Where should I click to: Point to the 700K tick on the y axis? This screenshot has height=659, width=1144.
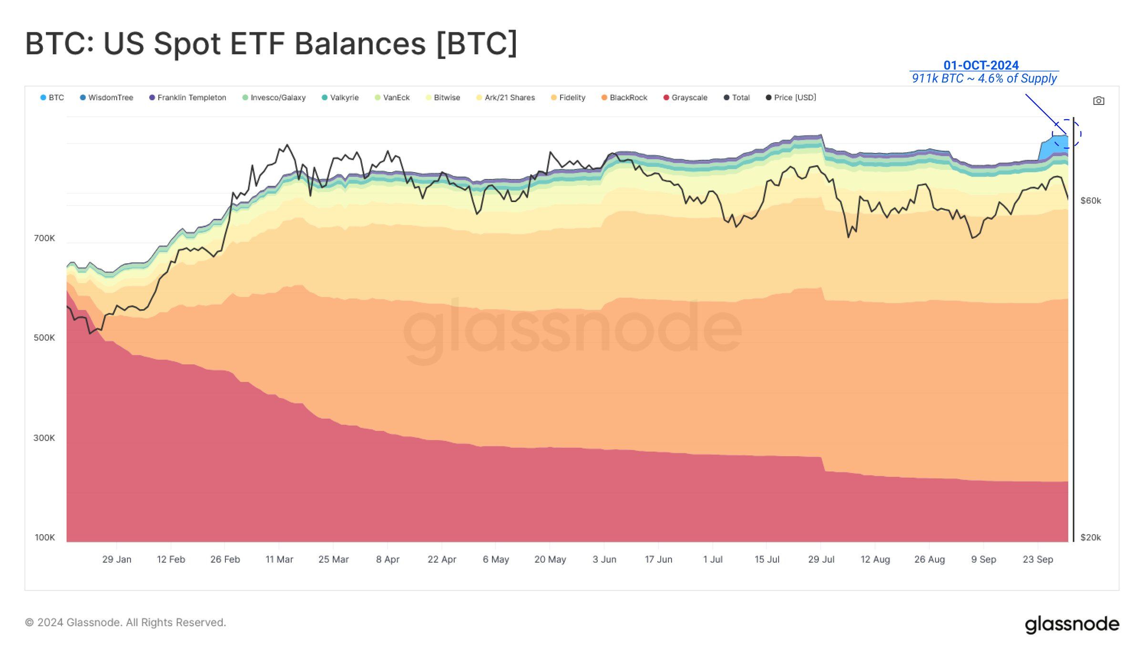(44, 238)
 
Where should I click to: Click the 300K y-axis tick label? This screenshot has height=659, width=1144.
(44, 438)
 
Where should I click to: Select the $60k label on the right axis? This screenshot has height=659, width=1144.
(1091, 201)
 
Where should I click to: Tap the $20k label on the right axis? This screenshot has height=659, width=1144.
(1091, 537)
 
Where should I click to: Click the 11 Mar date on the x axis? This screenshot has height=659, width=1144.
(279, 559)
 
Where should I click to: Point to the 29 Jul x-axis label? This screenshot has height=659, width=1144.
(821, 559)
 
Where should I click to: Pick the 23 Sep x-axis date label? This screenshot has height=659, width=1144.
(1038, 559)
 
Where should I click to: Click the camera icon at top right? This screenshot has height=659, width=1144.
(1098, 101)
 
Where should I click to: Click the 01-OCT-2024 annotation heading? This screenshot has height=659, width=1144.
(981, 65)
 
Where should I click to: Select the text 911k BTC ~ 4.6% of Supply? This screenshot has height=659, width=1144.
(984, 78)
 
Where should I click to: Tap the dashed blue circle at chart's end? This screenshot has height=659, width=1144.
(1067, 134)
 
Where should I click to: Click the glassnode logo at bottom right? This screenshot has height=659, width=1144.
(1072, 624)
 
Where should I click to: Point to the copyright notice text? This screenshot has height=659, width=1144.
(125, 622)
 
